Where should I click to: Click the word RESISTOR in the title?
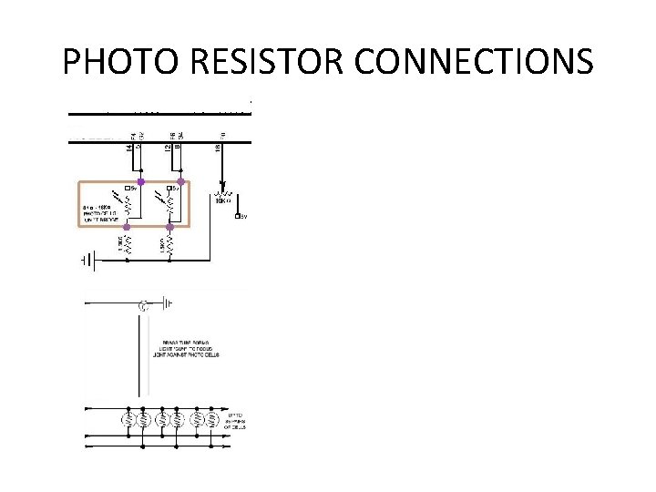click(257, 62)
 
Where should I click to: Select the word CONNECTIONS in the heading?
click(474, 62)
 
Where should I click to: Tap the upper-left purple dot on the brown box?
click(140, 182)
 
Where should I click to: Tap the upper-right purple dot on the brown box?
click(180, 182)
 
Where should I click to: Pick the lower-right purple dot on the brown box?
click(170, 227)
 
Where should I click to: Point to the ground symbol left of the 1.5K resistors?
click(87, 261)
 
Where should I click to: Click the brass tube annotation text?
click(185, 348)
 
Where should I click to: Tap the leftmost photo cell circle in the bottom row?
click(129, 420)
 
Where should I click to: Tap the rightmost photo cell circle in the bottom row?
click(212, 420)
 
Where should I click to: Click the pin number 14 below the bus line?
click(128, 147)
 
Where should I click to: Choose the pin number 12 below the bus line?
click(168, 147)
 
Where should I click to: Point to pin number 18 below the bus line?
click(218, 147)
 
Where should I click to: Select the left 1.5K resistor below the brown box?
click(128, 244)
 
